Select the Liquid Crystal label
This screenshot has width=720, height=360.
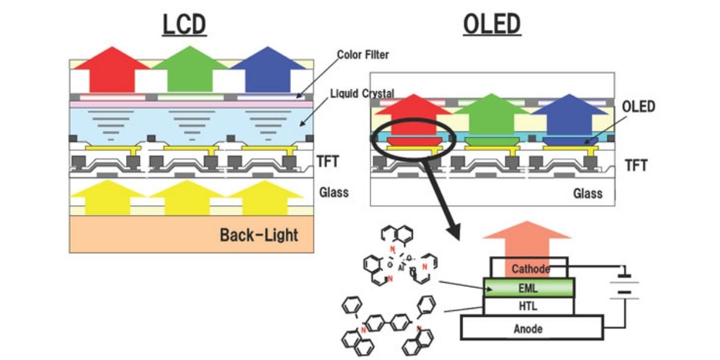pyautogui.click(x=362, y=93)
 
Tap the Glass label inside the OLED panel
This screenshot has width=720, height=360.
pyautogui.click(x=588, y=193)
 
